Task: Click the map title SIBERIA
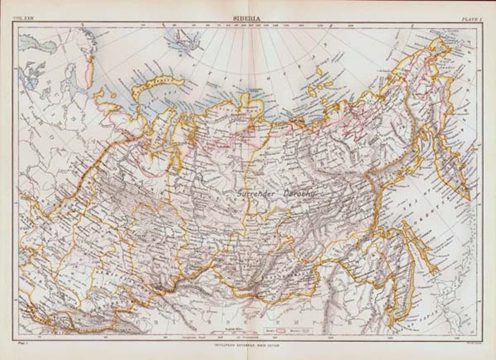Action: (247, 19)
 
